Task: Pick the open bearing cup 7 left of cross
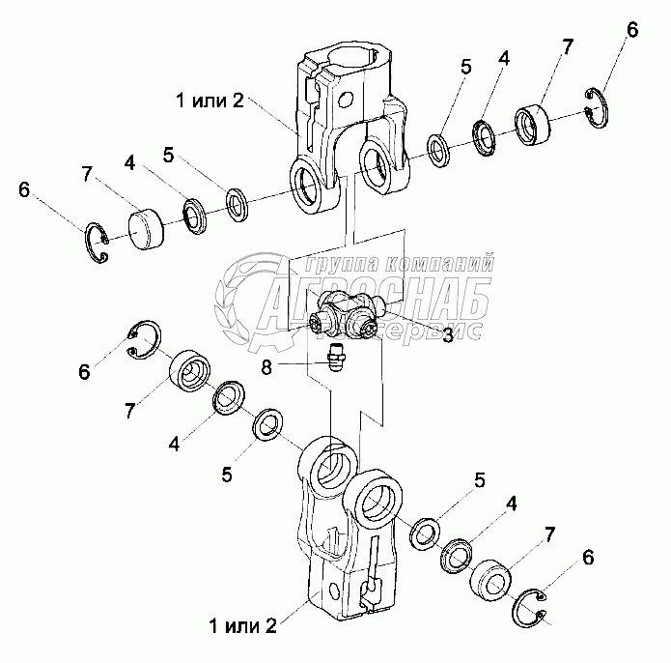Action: (190, 371)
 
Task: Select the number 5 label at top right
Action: (465, 67)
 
